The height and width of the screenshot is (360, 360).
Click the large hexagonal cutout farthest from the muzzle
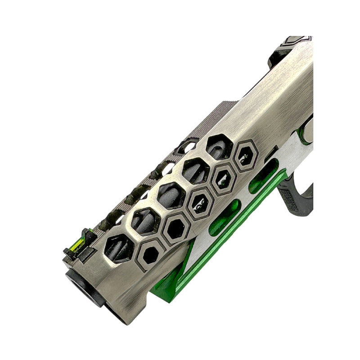pos(219,146)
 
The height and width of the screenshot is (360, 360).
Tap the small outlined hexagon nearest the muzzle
pos(151,255)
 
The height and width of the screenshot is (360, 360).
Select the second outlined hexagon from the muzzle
pos(175,229)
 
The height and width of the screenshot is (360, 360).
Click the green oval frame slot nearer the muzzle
pos(225,218)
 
